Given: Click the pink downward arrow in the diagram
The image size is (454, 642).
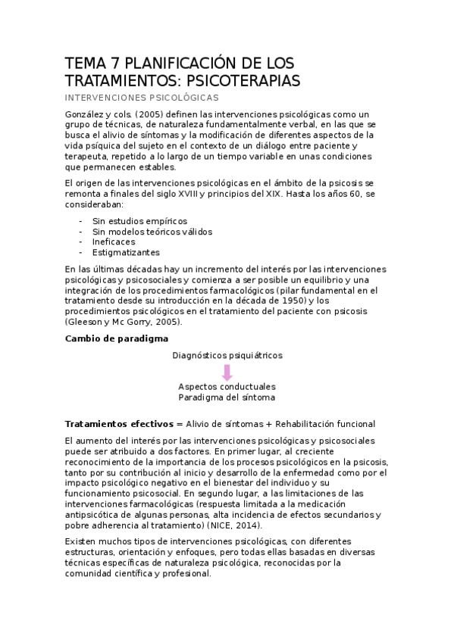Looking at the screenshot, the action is click(x=227, y=372).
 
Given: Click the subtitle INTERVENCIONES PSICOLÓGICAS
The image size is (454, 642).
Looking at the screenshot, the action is click(x=142, y=98).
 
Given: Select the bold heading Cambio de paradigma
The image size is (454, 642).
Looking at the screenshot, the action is click(x=117, y=338).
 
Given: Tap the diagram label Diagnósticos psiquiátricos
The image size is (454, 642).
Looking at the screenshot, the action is click(x=227, y=354).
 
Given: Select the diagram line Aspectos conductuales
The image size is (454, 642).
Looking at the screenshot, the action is click(x=227, y=386).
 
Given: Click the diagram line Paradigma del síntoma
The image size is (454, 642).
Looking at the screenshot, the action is click(x=227, y=397).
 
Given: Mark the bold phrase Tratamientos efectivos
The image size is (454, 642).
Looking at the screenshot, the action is click(x=119, y=423).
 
